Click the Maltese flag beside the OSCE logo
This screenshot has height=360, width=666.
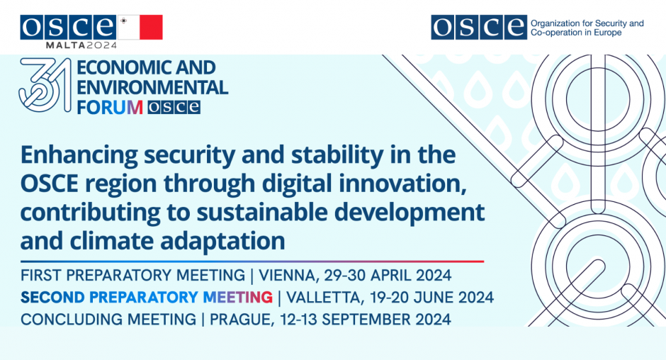coord(140,27)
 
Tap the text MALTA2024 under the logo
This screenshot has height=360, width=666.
coord(81,45)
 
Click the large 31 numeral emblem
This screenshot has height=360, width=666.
coord(45,85)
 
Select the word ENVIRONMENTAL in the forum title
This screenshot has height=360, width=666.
coord(152,87)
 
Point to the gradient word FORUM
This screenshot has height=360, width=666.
coord(110,107)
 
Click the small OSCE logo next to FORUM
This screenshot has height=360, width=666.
coord(174,107)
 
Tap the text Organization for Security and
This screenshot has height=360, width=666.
coord(587,23)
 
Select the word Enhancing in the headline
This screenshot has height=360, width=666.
coord(79,155)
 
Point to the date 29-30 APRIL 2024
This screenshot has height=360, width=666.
coord(388,276)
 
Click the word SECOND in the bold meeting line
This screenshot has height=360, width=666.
coord(52,298)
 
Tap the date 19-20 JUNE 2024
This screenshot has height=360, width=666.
coord(431,298)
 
